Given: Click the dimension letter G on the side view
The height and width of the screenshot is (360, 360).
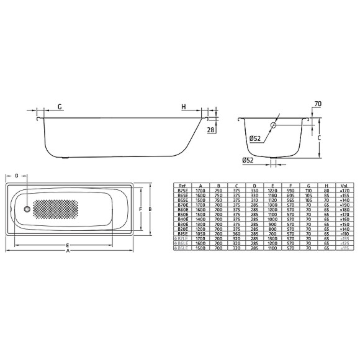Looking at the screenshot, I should click(x=60, y=107).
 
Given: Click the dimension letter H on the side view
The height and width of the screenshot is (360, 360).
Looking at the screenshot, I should click(x=184, y=107).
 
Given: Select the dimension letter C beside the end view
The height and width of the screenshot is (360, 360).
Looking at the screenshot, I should click(x=318, y=139).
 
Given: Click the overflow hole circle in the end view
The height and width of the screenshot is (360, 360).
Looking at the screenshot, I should click(x=272, y=126).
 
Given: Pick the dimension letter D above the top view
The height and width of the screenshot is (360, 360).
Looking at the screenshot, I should click(x=17, y=176).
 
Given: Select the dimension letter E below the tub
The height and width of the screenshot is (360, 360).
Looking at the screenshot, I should click(x=66, y=246).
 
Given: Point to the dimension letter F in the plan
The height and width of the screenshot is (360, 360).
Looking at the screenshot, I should click(x=141, y=210).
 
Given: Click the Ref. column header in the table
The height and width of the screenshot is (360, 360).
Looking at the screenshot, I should click(x=182, y=186).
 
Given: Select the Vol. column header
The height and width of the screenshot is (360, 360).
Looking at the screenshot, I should click(x=343, y=186).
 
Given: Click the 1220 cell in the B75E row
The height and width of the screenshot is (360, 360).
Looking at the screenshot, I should click(x=272, y=191).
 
